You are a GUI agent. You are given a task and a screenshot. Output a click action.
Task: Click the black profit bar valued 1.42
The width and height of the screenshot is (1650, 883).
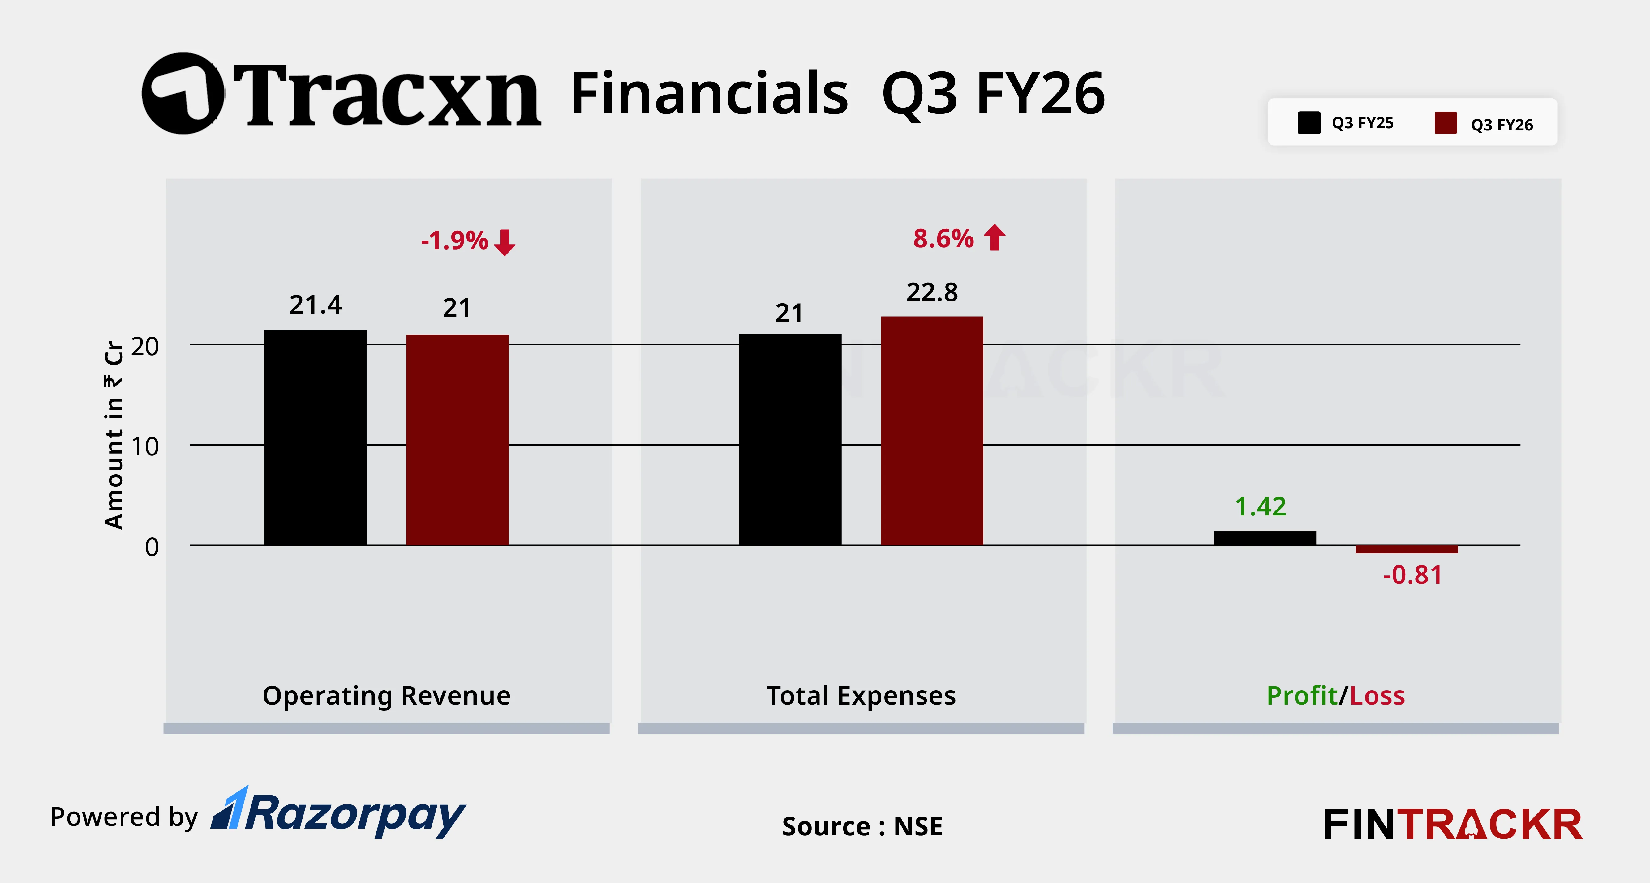[1264, 538]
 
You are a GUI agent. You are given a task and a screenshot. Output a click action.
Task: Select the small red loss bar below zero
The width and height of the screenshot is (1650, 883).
[1407, 549]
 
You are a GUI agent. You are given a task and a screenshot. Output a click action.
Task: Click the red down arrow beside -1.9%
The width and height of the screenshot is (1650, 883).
[505, 242]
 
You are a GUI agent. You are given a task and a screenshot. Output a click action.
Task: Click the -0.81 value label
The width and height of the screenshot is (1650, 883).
[1412, 575]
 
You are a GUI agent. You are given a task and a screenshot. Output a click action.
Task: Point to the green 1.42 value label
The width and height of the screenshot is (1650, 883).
[1260, 506]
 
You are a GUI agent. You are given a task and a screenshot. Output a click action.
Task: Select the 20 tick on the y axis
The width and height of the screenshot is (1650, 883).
[145, 346]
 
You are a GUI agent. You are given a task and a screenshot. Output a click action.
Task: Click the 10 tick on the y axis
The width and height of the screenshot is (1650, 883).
[145, 446]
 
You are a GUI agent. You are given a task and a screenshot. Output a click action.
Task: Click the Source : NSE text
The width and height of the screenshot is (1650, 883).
[862, 826]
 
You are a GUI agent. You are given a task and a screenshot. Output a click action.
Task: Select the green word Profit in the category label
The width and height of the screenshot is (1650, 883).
[1302, 695]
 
